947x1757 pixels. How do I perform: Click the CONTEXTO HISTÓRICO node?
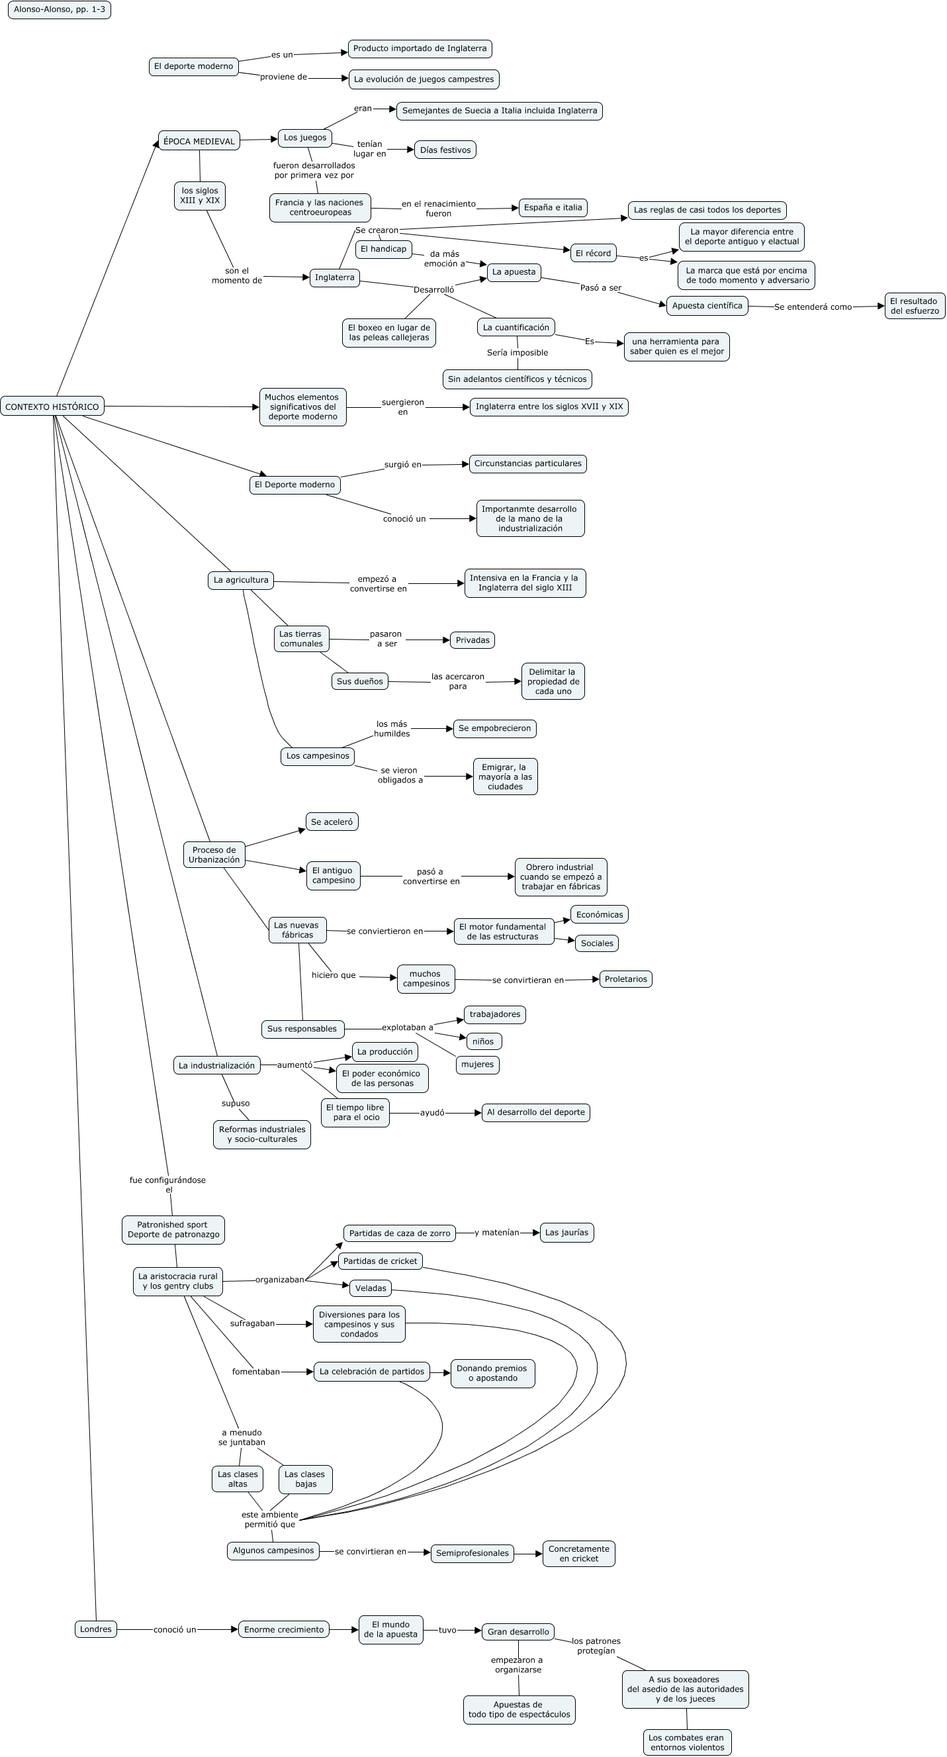52,406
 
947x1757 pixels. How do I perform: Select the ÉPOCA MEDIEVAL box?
199,141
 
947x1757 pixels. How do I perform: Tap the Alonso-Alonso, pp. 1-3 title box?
60,9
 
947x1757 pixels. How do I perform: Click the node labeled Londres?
95,1629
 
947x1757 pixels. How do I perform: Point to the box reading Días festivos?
445,150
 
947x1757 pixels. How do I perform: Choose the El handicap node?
383,249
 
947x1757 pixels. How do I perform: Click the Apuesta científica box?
707,306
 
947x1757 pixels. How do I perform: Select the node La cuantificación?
516,328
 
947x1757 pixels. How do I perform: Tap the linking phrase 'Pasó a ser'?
601,288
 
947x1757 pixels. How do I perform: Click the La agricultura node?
241,580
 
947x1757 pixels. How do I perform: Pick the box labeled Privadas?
473,640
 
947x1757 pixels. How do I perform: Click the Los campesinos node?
318,756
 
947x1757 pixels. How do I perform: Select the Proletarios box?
625,978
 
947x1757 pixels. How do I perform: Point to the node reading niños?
482,1041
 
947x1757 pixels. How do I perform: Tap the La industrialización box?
217,1065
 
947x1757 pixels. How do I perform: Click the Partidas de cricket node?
380,1261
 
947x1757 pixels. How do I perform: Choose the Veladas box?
371,1288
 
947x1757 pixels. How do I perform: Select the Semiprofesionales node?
473,1553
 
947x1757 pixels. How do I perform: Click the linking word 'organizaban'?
279,1280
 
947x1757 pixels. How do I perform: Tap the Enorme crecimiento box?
284,1629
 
